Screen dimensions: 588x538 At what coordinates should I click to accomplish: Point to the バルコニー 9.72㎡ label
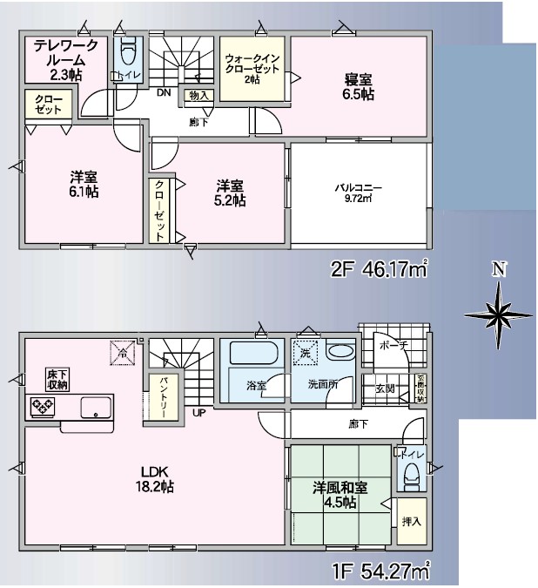(360, 193)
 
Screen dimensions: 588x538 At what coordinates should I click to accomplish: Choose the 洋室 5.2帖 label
(231, 193)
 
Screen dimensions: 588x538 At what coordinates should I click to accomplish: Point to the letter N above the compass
(498, 269)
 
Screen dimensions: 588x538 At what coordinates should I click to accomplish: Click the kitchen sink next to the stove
(96, 406)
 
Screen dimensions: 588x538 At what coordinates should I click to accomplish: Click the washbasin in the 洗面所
(340, 354)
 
